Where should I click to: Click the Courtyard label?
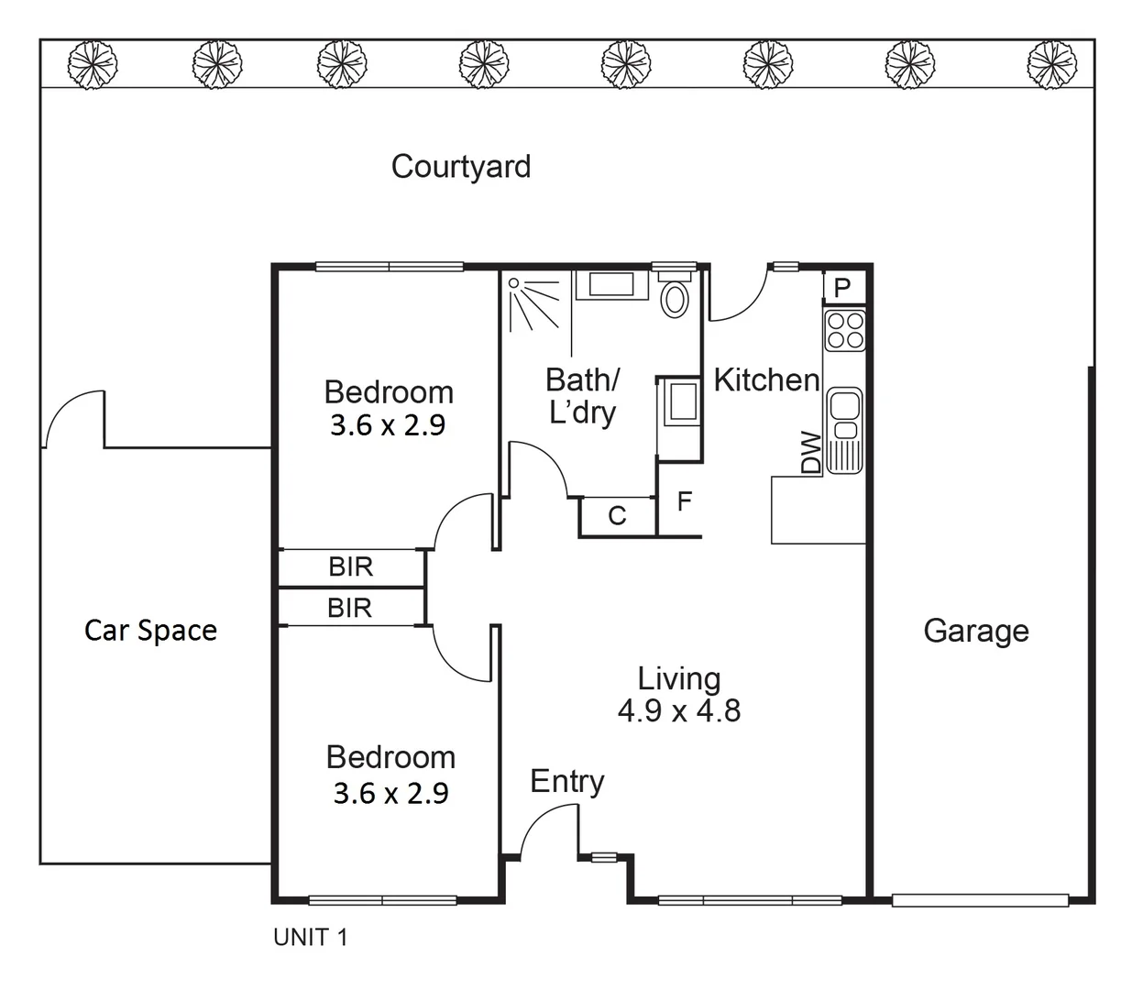point(460,167)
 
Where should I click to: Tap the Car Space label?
point(150,631)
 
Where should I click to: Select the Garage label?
point(975,631)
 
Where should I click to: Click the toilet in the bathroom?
point(675,298)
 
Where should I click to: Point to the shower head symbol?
point(514,284)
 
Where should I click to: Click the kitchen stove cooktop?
point(844,330)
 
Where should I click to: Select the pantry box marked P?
point(842,288)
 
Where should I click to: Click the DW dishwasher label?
point(811,453)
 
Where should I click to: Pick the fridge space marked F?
point(684,502)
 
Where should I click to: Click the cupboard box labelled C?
point(617,516)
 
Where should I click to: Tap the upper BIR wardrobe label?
point(350,567)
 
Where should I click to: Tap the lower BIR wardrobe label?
point(350,608)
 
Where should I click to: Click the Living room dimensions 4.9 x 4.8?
point(678,711)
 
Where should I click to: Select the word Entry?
point(566,781)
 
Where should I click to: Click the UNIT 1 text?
point(311,937)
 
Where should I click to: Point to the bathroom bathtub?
point(612,284)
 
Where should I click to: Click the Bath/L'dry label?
point(582,396)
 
